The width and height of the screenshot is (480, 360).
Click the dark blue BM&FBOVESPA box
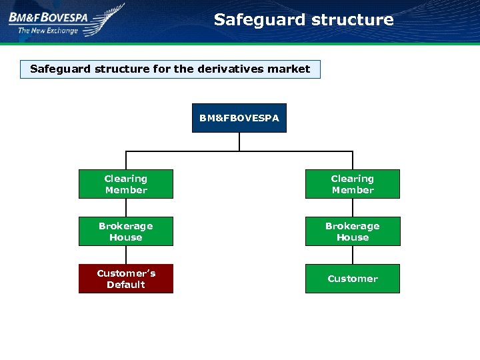pos(239,118)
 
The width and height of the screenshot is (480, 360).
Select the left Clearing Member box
pos(125,184)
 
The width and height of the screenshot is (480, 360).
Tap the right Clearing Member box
pos(352,184)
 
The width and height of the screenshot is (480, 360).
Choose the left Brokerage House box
pos(125,231)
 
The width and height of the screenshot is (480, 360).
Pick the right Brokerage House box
pos(352,231)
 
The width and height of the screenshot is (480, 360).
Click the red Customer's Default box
pos(125,279)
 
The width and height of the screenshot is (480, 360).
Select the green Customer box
pos(352,279)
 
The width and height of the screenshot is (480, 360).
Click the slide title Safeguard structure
pos(303,20)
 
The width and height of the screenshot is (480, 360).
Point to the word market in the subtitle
pos(289,69)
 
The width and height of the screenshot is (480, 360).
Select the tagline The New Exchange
pos(48,30)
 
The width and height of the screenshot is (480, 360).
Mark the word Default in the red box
pos(125,285)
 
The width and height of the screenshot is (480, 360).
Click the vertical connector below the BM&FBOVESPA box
pos(239,141)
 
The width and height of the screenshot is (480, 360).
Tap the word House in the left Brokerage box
pos(125,237)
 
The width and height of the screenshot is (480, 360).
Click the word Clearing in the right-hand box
pos(352,179)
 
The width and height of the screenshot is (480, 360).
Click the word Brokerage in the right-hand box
pos(352,226)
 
